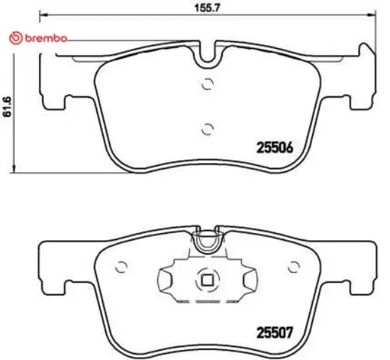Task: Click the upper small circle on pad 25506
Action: (208, 83)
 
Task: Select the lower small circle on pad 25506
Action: (208, 128)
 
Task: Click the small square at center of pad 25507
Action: (208, 280)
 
